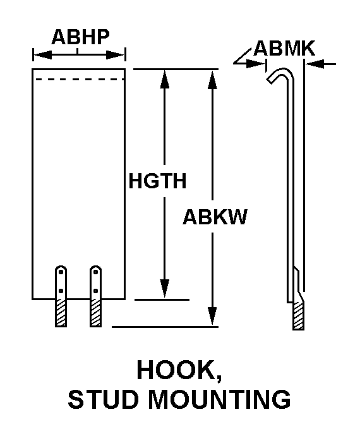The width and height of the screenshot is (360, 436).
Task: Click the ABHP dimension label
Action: pos(80,37)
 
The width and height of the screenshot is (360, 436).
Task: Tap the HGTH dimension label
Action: pos(157,181)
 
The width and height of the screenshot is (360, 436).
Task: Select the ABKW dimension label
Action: pos(215,217)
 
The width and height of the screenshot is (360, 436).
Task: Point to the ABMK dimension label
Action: pos(284,49)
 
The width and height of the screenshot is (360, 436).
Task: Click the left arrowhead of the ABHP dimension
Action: pos(42,55)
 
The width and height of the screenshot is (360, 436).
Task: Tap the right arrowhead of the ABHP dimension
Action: pos(116,55)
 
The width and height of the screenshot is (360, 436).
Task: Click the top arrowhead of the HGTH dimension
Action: pos(165,79)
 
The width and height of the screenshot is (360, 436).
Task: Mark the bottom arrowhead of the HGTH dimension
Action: pos(165,288)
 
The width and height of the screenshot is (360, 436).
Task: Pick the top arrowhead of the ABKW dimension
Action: pos(212,79)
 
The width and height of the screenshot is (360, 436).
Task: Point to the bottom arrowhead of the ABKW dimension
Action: pos(212,315)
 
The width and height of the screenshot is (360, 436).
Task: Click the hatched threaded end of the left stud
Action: pos(61,313)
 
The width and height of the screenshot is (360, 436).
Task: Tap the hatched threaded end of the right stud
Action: pos(95,313)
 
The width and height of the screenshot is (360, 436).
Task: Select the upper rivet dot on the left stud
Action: pos(61,272)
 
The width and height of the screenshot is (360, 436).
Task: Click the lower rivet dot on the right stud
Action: pos(95,291)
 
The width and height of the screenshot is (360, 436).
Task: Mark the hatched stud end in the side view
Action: pos(298,315)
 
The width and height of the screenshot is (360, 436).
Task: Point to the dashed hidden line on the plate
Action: pos(80,80)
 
